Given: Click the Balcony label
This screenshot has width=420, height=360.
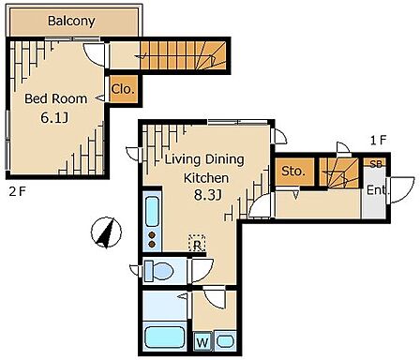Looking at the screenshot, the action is coord(71,21).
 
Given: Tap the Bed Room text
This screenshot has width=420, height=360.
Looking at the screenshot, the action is coord(55,98).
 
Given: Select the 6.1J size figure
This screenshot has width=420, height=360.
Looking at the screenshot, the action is coord(54,117).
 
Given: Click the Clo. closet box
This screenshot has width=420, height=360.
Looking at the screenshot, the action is coord(124,89).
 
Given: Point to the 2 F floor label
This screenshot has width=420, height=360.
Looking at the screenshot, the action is coord(17,191).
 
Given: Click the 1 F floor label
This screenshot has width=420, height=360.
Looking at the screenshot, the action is coord(379,141).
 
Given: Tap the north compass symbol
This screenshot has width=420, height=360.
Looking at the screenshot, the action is coord(106,232).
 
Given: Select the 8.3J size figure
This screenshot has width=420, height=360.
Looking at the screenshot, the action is coord(208,195).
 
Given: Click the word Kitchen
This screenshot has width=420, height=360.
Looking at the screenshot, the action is coord(206,178).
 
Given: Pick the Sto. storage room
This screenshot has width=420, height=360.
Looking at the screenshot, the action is coord(294,172).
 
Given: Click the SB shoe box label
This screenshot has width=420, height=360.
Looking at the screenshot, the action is coord(376,164).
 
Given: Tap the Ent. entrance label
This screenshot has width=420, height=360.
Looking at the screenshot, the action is coord(378,190).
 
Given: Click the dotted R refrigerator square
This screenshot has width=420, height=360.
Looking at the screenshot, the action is coord(197,243).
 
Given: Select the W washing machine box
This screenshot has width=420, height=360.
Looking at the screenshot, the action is coord(202,342).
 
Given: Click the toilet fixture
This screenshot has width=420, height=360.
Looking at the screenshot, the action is coord(158,270).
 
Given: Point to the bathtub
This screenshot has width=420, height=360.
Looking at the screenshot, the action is coord(165,337).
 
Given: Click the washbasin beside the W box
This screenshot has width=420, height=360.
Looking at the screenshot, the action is coord(225,341).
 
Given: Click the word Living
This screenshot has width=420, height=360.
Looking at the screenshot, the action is coord(183,159).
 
